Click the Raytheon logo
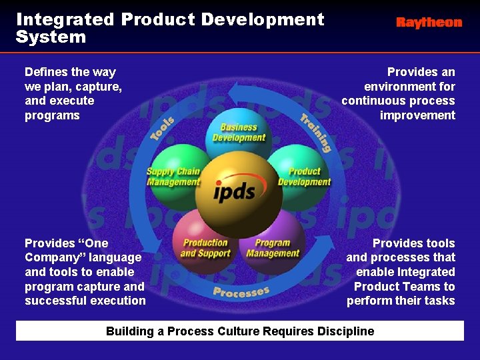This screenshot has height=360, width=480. point(429,23)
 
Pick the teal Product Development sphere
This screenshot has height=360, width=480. point(304,175)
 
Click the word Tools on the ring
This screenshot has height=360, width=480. point(163,128)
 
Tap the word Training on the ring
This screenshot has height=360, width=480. point(315,133)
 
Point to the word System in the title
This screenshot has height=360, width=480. point(51,37)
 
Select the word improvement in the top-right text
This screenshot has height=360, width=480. point(417,115)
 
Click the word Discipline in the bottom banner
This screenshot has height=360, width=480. point(343,331)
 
